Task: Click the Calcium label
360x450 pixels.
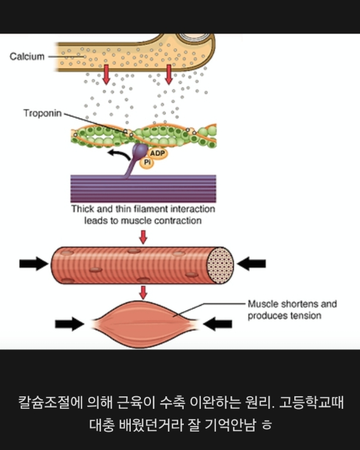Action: tap(27, 56)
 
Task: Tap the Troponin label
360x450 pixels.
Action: tap(42, 113)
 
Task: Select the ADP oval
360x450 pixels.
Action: tap(157, 153)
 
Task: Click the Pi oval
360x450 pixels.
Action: tap(147, 162)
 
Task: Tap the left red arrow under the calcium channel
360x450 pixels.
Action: tap(106, 75)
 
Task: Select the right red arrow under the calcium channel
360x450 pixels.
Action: tap(169, 75)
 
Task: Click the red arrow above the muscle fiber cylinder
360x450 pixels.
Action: tap(143, 237)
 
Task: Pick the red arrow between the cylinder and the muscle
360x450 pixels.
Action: tap(143, 292)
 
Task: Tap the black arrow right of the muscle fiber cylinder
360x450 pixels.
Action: tap(251, 264)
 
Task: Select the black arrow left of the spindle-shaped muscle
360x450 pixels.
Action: tap(69, 324)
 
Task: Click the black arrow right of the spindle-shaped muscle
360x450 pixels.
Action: tap(217, 324)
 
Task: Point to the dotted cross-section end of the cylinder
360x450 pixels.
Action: tap(220, 265)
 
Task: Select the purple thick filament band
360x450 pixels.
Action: tap(143, 188)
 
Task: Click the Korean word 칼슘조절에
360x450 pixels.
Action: tap(51, 402)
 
